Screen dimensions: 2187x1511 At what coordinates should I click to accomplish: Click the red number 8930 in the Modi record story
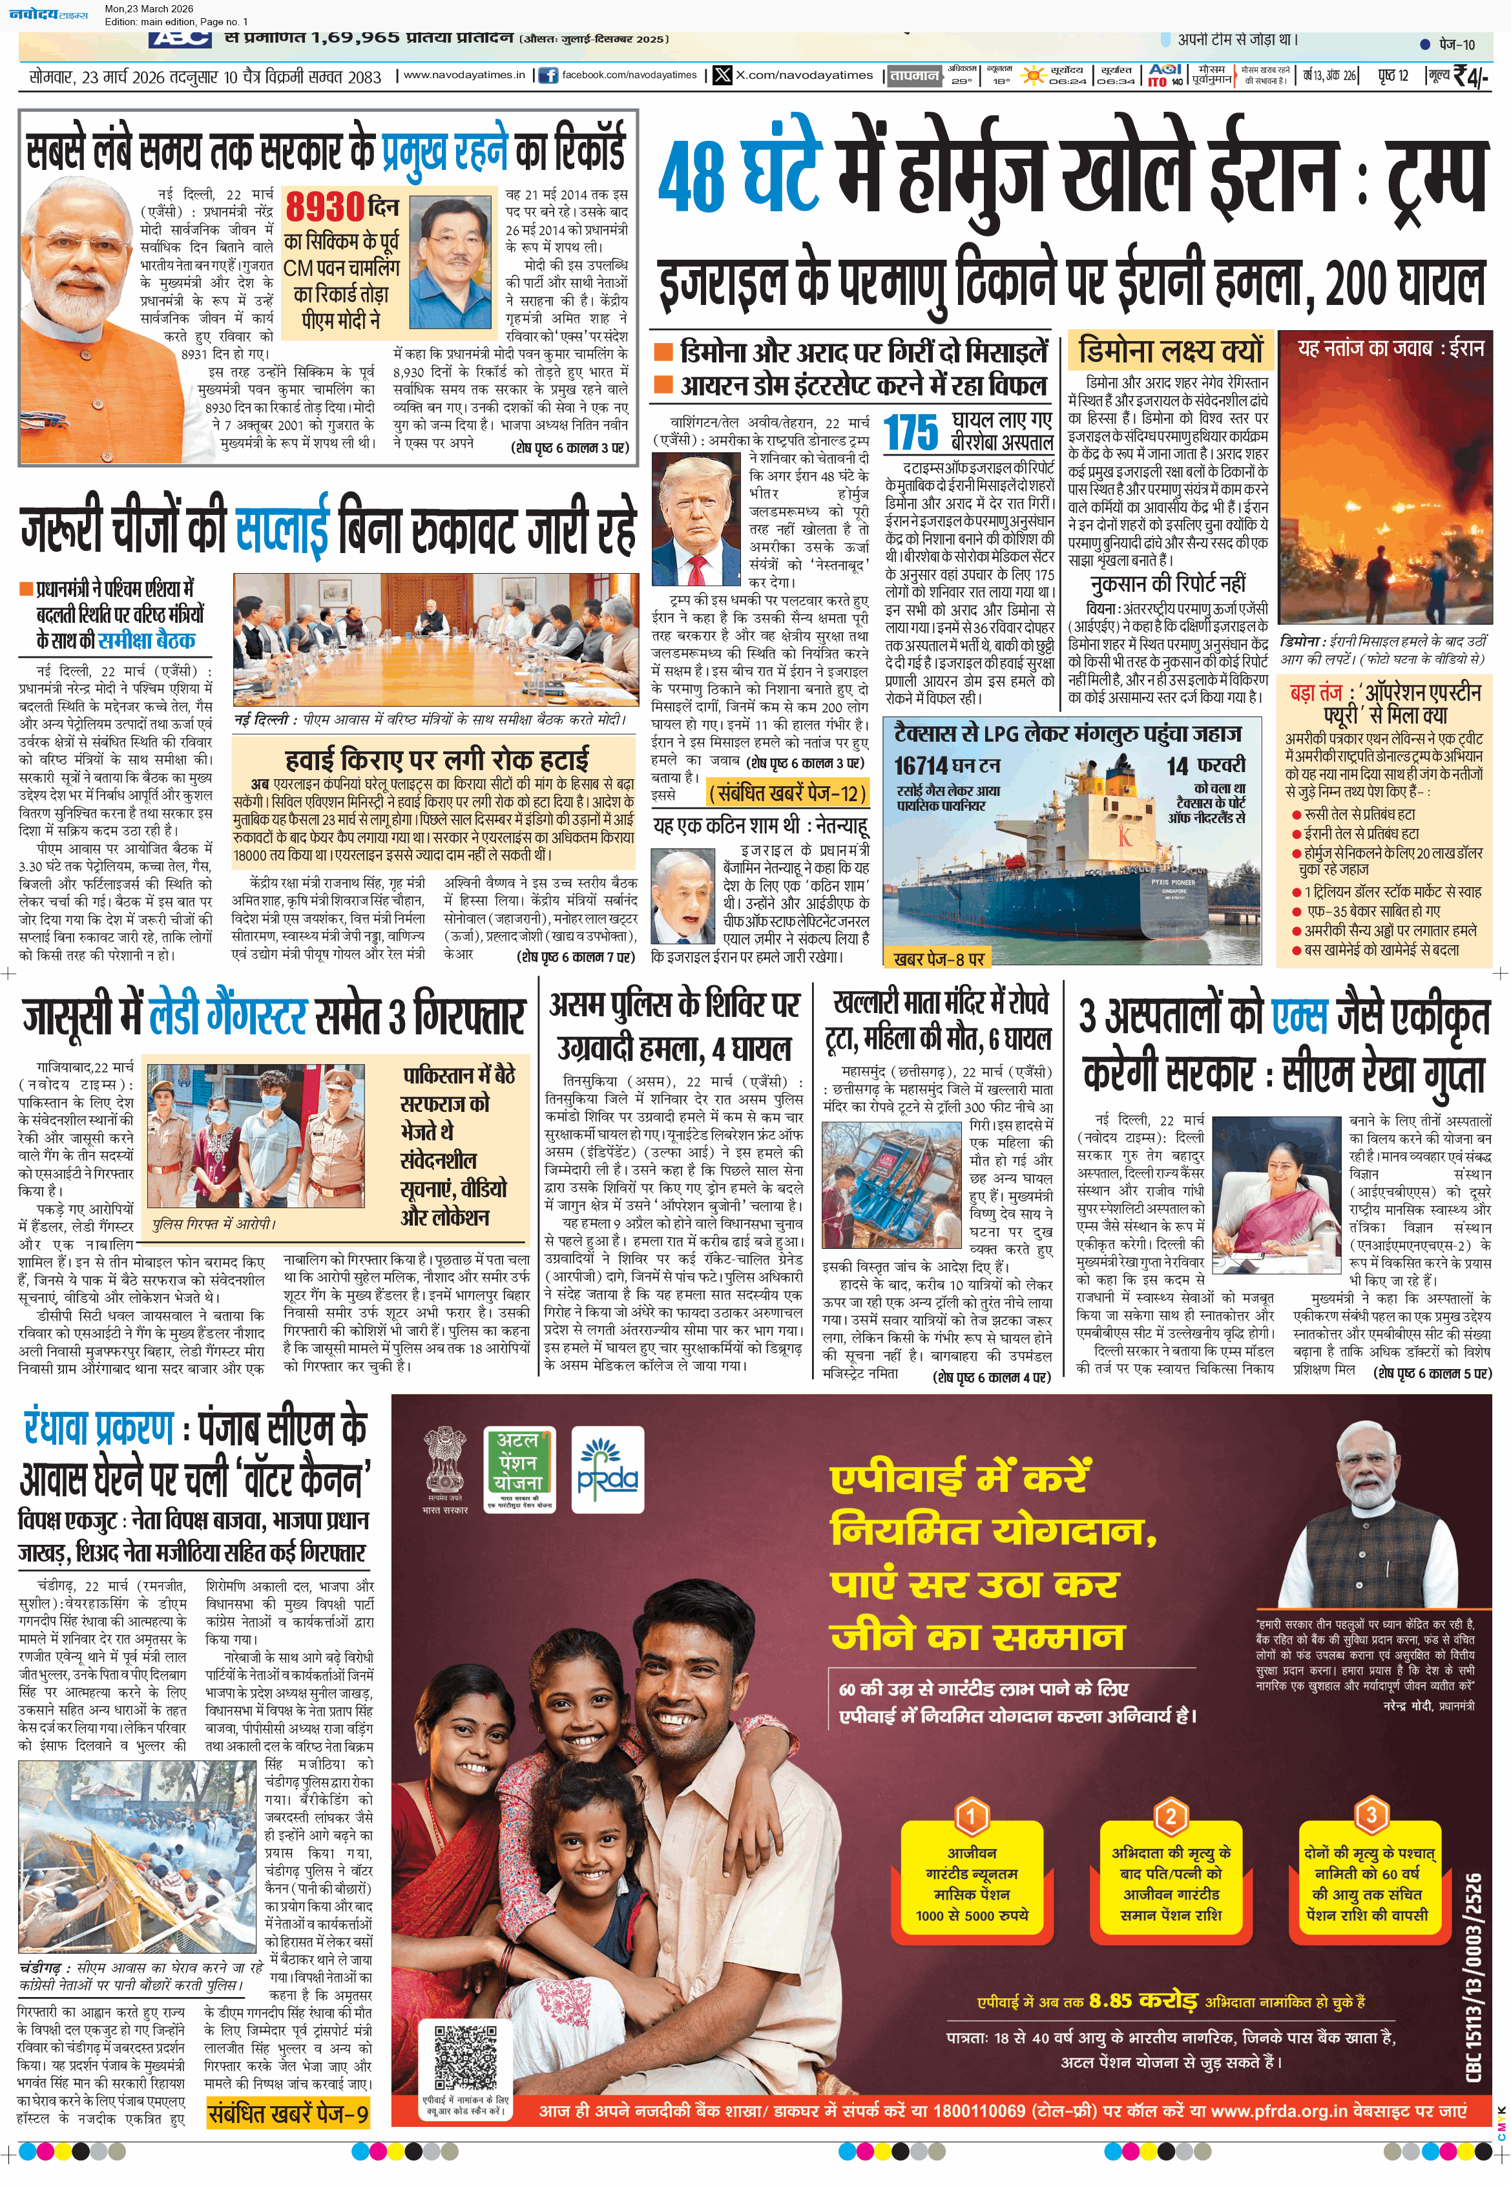(x=326, y=205)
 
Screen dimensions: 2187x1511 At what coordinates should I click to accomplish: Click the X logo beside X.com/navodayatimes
(x=722, y=76)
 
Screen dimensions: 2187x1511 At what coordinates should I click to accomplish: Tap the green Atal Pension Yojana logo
(x=518, y=1465)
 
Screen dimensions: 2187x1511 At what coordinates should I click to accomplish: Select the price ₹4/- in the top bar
(x=1470, y=76)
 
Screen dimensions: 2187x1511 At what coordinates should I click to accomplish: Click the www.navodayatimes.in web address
(x=464, y=76)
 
